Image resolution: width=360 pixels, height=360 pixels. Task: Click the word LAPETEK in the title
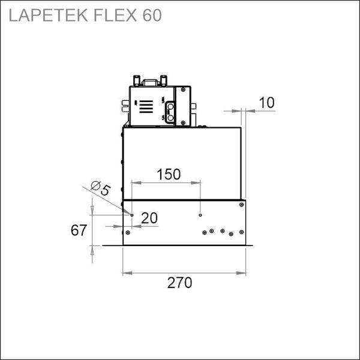[48, 16]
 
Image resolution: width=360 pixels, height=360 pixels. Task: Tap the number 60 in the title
[152, 16]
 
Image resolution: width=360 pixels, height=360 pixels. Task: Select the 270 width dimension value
[179, 283]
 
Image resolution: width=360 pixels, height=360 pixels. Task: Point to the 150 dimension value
[169, 174]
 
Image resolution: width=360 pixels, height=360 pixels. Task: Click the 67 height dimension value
[79, 230]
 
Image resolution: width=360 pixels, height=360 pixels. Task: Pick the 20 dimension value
[149, 218]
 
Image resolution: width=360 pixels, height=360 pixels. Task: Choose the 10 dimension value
[266, 103]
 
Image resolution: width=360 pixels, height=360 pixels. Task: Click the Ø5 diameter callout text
[101, 188]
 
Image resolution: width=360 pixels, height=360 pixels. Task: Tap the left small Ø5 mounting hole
[132, 215]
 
